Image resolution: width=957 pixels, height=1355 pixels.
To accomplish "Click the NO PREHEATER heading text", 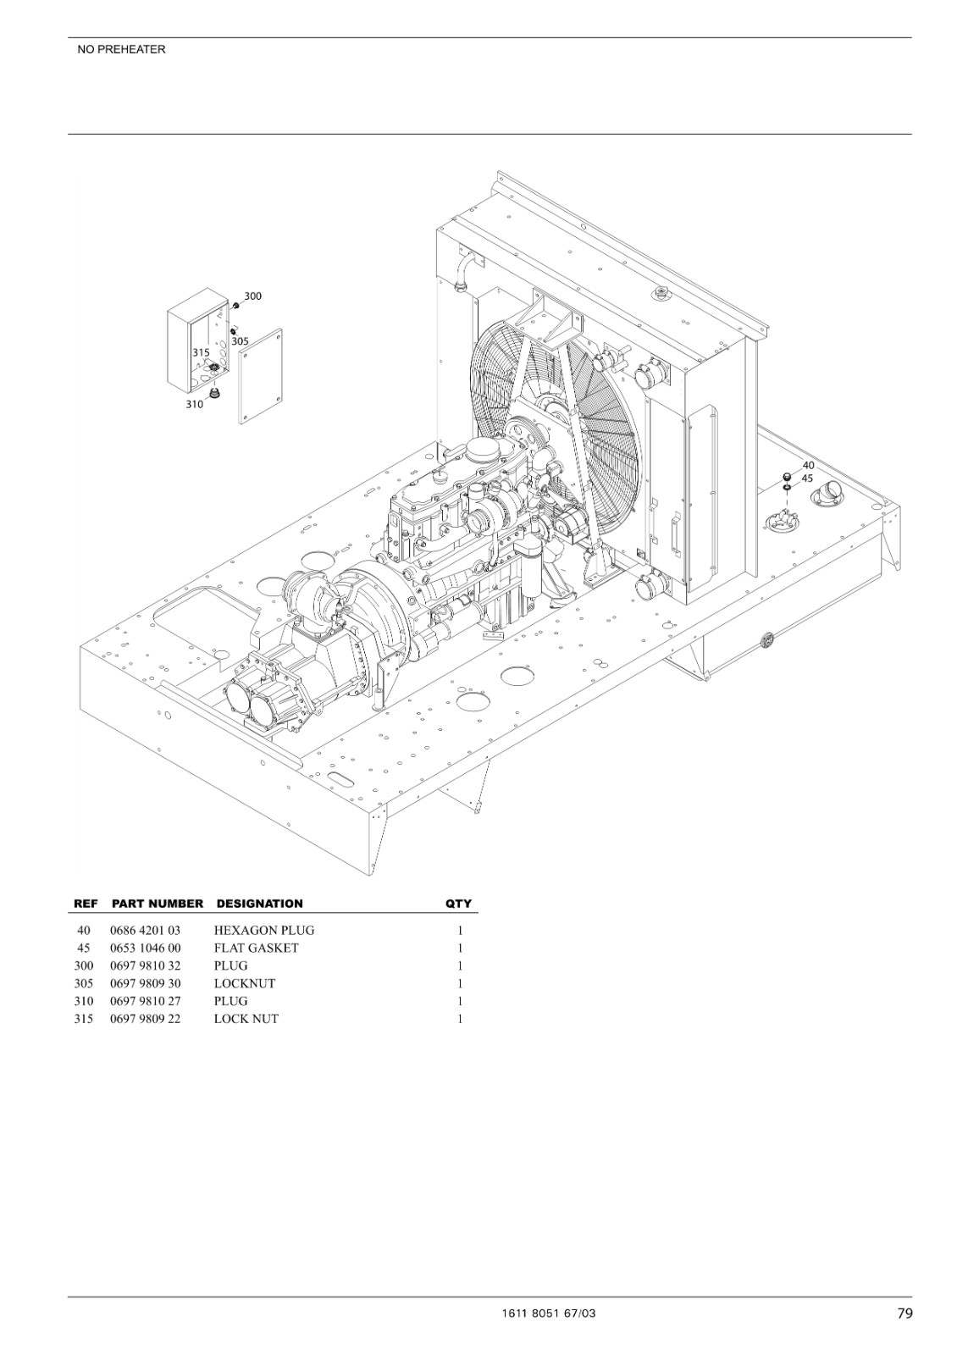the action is (121, 50).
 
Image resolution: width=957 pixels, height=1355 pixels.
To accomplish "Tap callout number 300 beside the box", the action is (253, 296).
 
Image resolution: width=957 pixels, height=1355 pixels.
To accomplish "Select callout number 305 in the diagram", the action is (241, 341).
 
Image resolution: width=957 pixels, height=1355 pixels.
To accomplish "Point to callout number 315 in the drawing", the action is (201, 352).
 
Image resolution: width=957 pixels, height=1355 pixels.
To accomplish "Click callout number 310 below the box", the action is (194, 404).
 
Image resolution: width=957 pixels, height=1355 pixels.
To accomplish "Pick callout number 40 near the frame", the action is (808, 465).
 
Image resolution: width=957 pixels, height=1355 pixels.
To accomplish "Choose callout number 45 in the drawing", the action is (807, 478).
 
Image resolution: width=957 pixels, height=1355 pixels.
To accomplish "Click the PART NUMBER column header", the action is (158, 904).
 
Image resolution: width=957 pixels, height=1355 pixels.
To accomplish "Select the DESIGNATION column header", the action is (259, 904).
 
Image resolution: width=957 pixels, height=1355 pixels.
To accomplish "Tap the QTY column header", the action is (458, 904).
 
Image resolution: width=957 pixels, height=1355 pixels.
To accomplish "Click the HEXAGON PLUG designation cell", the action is (264, 931).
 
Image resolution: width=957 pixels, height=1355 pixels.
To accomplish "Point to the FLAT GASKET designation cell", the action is (257, 948).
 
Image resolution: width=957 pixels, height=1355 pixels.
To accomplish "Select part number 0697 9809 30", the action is (145, 983).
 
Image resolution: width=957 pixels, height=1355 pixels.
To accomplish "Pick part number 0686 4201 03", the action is (145, 931).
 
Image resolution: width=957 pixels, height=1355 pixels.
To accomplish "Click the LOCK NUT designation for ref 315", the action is (246, 1019).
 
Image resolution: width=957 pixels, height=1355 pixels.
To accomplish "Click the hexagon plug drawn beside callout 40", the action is (787, 475).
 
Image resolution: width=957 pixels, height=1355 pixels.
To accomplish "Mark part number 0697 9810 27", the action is (145, 1001).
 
